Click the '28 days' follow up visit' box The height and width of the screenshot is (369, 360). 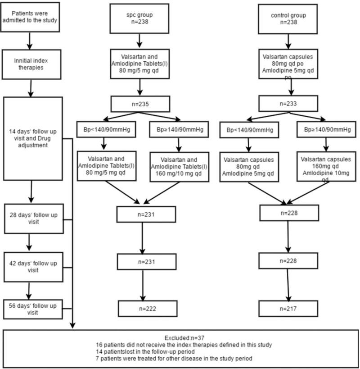point(34,219)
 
